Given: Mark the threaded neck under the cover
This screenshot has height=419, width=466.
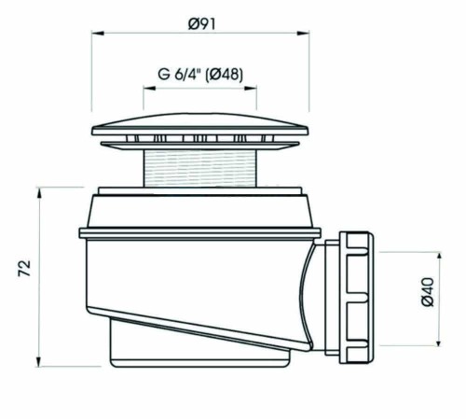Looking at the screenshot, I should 199,169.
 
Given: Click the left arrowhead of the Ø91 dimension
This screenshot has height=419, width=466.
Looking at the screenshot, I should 94,34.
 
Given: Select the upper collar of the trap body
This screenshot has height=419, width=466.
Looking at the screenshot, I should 200,209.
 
